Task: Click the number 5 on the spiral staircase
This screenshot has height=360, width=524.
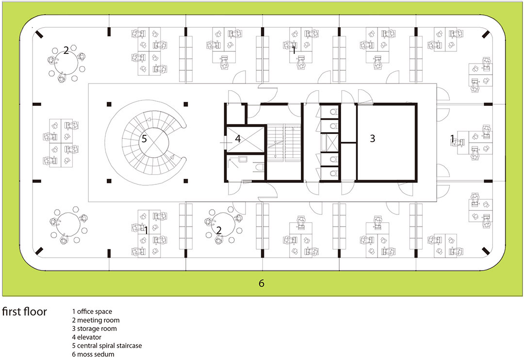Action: (144, 138)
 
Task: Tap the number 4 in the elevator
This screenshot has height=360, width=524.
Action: (238, 138)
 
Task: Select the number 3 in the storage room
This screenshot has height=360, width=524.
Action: (373, 138)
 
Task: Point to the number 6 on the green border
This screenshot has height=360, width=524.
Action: (262, 283)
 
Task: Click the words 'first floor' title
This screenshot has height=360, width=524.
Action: (24, 311)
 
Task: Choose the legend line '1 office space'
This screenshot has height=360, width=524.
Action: (92, 311)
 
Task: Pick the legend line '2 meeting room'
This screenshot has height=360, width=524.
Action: (96, 320)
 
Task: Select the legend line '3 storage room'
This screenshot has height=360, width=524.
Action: (94, 328)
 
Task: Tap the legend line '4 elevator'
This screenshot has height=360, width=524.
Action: (86, 337)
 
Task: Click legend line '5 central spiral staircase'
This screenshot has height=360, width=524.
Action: (107, 345)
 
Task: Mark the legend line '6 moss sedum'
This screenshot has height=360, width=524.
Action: (93, 354)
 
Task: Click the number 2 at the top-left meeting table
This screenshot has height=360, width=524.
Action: (66, 50)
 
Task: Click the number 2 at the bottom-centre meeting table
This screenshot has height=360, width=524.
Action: (219, 230)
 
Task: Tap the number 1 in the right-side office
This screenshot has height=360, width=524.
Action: (452, 138)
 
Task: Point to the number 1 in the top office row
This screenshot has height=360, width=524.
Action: (294, 50)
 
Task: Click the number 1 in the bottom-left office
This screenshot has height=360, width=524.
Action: (146, 230)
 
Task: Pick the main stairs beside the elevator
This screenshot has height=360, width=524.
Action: (284, 143)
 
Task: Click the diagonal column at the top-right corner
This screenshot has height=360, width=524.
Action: (486, 34)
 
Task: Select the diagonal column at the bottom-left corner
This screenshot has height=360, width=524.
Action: (39, 251)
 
